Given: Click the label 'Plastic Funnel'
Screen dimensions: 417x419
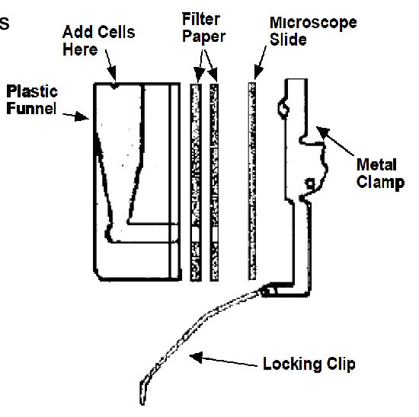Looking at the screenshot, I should pos(31,100).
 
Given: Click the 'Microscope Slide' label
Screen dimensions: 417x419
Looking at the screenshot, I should pos(312,30).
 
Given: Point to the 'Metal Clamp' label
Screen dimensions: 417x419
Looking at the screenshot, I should pos(379,173).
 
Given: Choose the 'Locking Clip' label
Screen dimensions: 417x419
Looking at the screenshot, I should pos(309,364).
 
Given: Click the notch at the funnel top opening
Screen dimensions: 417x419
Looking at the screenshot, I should pos(114,85).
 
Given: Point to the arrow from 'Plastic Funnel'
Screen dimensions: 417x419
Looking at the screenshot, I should pos(76,116).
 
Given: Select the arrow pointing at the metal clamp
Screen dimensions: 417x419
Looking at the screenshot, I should pos(336,142).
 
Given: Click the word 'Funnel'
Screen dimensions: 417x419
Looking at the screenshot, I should pos(31,109).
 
